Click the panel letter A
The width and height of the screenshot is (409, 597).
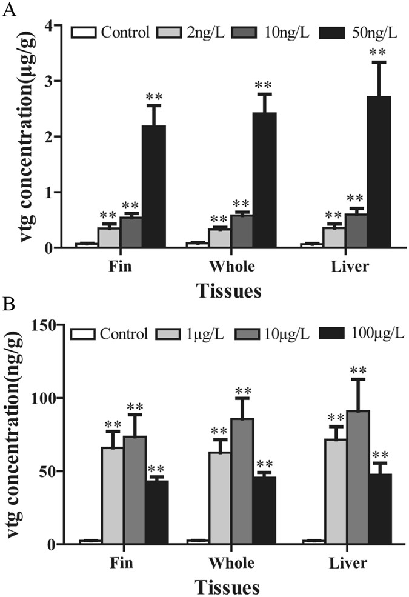point(8,10)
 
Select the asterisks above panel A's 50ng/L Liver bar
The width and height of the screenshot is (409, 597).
point(380,51)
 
